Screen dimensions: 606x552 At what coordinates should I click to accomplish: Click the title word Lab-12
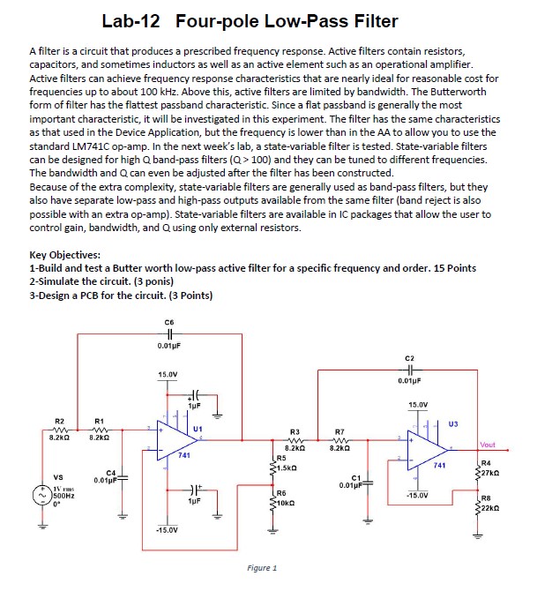click(x=132, y=21)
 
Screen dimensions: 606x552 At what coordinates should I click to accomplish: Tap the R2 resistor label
click(x=59, y=421)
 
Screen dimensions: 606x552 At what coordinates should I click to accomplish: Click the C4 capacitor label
click(x=110, y=473)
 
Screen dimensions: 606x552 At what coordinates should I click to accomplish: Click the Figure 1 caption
click(x=262, y=569)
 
